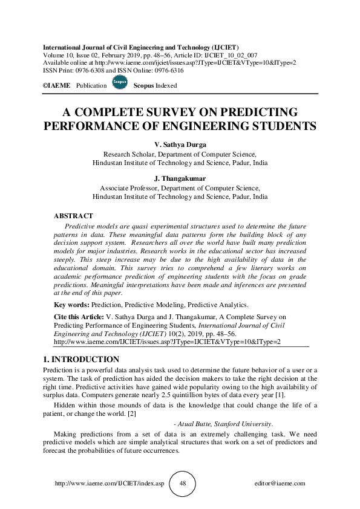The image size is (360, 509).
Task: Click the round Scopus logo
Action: pos(120,83)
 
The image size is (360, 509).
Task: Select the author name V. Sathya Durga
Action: pos(180,144)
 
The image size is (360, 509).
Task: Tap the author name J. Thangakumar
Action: pos(180,179)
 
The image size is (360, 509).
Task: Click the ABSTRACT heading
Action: pos(73,216)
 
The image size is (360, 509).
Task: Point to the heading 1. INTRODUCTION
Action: pos(82,359)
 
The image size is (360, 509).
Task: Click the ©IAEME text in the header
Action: pos(56,86)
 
